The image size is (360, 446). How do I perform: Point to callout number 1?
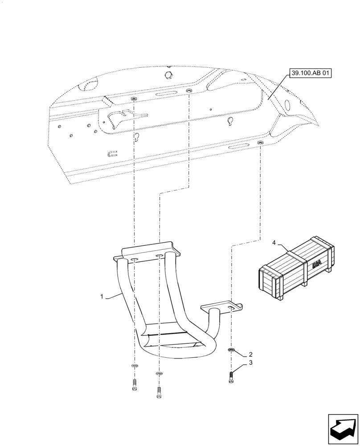tap(102, 296)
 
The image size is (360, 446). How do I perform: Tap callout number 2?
tap(251, 353)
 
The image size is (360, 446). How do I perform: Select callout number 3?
tap(251, 363)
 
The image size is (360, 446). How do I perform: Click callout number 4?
tap(274, 243)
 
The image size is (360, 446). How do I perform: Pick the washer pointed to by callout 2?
tap(231, 349)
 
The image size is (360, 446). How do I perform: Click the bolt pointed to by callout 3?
tap(231, 377)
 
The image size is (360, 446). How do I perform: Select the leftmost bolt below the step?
tap(135, 384)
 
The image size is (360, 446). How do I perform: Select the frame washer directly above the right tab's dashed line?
tap(260, 143)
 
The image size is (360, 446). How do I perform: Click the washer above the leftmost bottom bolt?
tap(135, 366)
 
